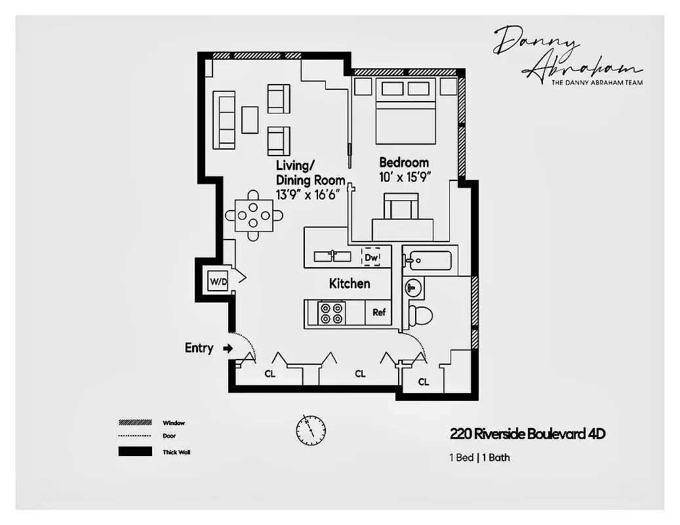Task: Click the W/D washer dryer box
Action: pyautogui.click(x=217, y=282)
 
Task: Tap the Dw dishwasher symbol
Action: pyautogui.click(x=372, y=257)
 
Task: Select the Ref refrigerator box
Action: pyautogui.click(x=378, y=312)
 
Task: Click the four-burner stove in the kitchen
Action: pyautogui.click(x=331, y=312)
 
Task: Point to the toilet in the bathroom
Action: pyautogui.click(x=420, y=315)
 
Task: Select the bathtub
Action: pyautogui.click(x=428, y=261)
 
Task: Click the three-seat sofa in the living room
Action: pyautogui.click(x=224, y=120)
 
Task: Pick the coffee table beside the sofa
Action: pyautogui.click(x=250, y=120)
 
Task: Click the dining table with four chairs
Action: pyautogui.click(x=254, y=215)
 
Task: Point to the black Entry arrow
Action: pyautogui.click(x=228, y=348)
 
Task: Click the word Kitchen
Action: pyautogui.click(x=350, y=283)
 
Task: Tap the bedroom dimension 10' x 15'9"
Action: pyautogui.click(x=405, y=177)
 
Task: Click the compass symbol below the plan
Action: pyautogui.click(x=310, y=429)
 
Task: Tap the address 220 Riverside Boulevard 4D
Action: pyautogui.click(x=527, y=434)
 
